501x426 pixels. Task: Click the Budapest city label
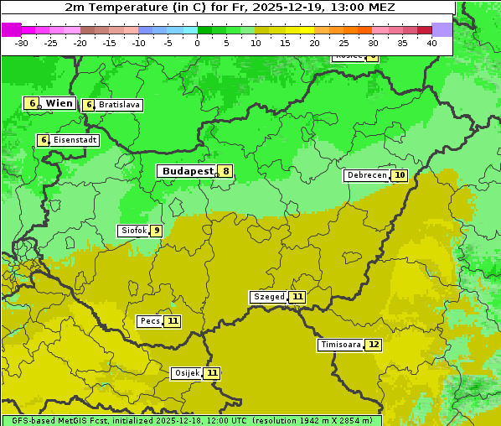pos(187,171)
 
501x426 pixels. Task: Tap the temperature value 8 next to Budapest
pos(225,171)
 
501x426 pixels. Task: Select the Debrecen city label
pos(366,175)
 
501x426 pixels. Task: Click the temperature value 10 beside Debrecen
pos(400,175)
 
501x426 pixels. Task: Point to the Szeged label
pos(269,297)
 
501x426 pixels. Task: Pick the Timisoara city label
pos(340,345)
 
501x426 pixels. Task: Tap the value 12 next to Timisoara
pos(374,345)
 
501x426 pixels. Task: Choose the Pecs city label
pos(150,321)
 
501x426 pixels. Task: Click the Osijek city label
pos(187,373)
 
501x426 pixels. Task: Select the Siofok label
pos(132,231)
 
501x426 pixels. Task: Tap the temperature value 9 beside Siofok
pos(156,231)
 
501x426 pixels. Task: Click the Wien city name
pos(59,103)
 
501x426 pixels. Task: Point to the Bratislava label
pos(118,105)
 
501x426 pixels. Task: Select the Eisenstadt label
pos(75,140)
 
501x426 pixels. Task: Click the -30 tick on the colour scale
pos(22,43)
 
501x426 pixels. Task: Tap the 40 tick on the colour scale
pos(431,43)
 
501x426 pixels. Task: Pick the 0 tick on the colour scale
pos(198,43)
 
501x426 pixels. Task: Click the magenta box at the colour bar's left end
pos(11,29)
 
